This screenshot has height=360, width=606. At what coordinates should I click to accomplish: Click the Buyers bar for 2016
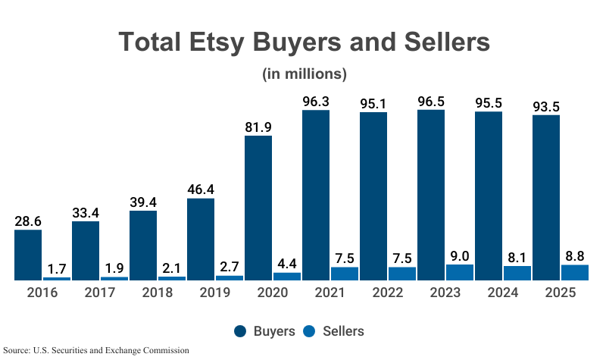[x=28, y=255]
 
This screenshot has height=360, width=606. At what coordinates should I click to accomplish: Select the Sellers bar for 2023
[x=460, y=272]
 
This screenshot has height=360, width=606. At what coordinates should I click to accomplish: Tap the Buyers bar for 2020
[x=258, y=208]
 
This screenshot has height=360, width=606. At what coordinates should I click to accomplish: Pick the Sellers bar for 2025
[x=575, y=272]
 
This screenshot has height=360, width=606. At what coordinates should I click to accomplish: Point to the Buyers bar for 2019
[x=201, y=239]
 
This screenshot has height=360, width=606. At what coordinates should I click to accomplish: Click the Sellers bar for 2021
[x=345, y=274]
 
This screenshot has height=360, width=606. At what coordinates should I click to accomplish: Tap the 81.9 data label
[x=258, y=127]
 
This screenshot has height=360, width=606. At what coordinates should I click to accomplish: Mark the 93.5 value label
[x=546, y=105]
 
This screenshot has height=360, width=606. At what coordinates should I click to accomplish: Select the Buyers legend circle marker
[x=241, y=331]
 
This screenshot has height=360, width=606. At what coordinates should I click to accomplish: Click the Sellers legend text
[x=343, y=331]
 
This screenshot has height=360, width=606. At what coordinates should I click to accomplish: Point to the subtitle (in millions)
[x=304, y=74]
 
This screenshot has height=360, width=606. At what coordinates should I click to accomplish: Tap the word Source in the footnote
[x=17, y=351]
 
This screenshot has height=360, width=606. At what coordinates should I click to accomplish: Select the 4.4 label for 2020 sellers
[x=287, y=263]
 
